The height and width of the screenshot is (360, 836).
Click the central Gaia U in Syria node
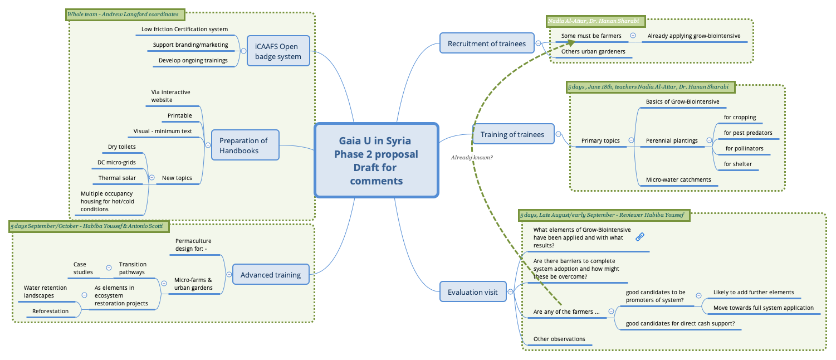coord(376,160)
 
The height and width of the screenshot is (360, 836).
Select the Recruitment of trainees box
coord(486,43)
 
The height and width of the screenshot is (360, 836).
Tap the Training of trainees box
coord(512,134)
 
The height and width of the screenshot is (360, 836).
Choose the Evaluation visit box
coord(473,292)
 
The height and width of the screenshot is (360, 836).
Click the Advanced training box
coord(270,275)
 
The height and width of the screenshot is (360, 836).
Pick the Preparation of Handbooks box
coord(245,145)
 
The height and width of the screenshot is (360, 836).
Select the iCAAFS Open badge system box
coord(278,51)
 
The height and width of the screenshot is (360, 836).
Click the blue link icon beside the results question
coord(640,237)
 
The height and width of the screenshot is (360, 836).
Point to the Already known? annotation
coord(472,157)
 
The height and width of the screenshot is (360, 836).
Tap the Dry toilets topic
coord(122,147)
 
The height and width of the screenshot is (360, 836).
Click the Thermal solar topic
coord(117,178)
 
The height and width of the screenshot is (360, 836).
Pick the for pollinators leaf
coord(744,149)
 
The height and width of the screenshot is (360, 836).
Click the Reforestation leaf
coord(50,312)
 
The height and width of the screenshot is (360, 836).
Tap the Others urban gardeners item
coord(593,52)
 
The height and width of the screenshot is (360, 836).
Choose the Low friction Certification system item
coord(184,30)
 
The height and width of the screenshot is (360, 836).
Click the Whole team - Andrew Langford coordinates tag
coord(123,14)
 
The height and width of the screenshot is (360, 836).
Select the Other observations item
coord(559,339)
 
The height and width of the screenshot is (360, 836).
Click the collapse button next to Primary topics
coord(631,140)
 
